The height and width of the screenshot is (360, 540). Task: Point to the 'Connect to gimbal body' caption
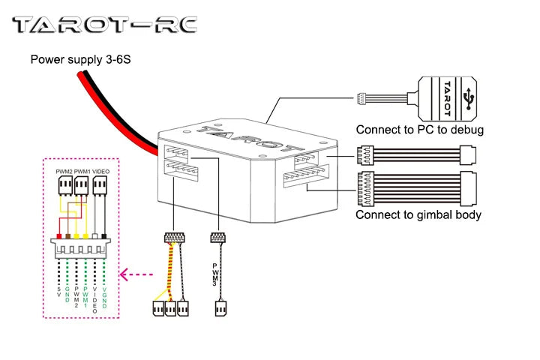point(418,214)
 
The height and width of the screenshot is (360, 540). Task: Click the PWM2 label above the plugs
point(64,172)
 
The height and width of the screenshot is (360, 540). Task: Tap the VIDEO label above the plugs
point(101,172)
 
